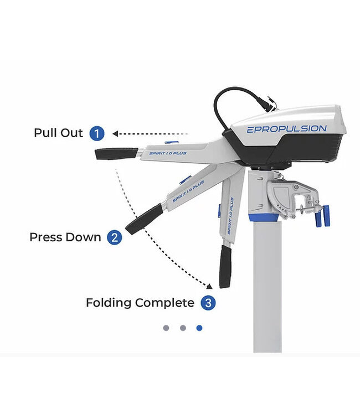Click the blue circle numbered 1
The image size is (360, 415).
97,133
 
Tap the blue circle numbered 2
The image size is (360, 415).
114,238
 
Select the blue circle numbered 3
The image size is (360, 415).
208,303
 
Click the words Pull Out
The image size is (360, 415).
58,133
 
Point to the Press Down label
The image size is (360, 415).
65,238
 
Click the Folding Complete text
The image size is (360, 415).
140,303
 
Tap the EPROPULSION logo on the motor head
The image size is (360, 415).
286,129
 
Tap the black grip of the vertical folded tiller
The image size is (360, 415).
225,267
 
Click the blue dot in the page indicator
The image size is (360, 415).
199,328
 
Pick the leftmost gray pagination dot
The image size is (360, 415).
166,328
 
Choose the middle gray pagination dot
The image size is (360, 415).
183,328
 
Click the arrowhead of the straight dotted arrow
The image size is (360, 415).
115,133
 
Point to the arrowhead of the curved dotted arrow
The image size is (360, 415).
210,286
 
